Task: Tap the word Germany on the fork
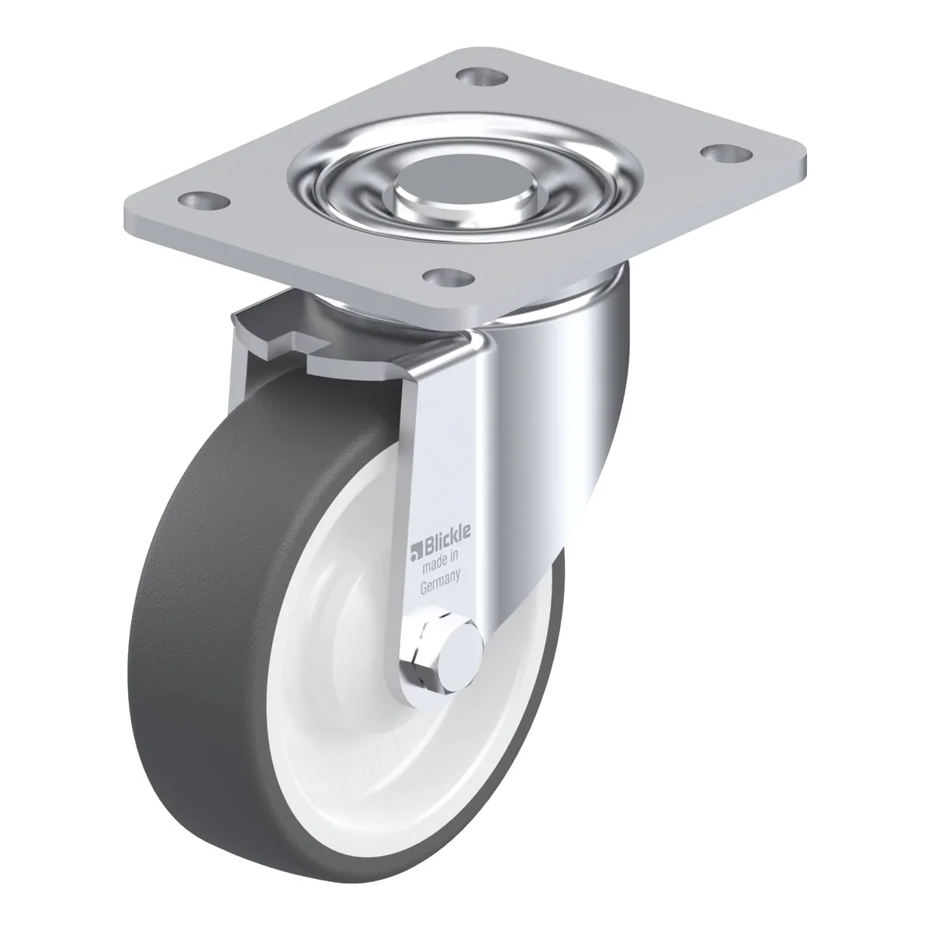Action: (440, 583)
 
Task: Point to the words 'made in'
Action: (440, 564)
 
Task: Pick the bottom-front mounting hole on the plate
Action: (448, 277)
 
